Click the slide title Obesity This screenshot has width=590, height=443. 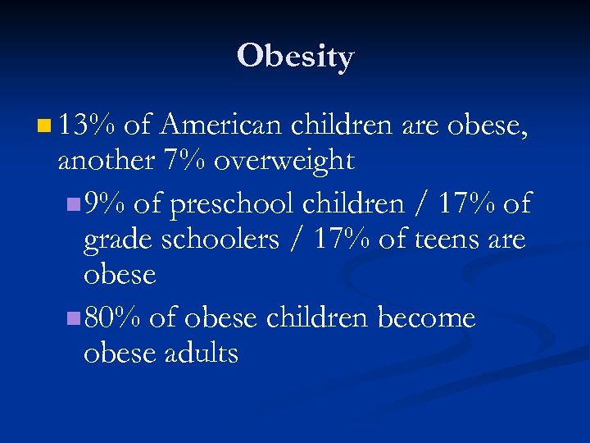click(x=295, y=57)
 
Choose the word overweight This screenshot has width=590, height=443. click(x=284, y=162)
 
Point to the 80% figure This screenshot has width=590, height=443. click(x=114, y=317)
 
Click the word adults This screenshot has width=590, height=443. click(x=202, y=354)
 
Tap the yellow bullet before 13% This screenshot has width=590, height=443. click(x=43, y=126)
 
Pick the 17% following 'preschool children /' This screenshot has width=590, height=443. click(x=466, y=203)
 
